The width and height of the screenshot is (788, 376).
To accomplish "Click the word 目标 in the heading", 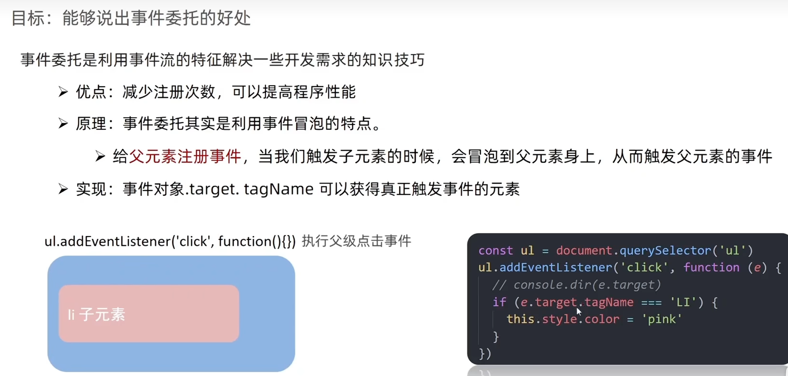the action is (27, 18).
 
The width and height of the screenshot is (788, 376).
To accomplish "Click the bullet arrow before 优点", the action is (63, 92).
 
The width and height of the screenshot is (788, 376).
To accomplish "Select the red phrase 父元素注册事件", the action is (185, 156).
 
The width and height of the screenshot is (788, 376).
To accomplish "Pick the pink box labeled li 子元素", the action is (149, 313).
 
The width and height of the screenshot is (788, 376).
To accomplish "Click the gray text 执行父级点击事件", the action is (356, 241).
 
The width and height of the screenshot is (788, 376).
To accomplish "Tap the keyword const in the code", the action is (495, 251).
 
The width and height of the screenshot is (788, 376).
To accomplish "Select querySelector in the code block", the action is (665, 251).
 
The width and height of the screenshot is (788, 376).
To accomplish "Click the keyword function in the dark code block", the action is (711, 267).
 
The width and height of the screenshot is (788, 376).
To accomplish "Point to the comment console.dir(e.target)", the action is (577, 285).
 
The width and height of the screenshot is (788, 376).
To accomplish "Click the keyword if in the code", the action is (500, 302).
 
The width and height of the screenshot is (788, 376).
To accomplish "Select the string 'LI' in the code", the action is (683, 302).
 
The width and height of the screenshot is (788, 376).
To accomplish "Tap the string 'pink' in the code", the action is (662, 319).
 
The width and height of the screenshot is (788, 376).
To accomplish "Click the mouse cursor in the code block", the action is (579, 311).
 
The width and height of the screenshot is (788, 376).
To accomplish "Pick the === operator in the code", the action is (651, 302).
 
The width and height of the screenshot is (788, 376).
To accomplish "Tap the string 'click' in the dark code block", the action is (644, 267).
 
